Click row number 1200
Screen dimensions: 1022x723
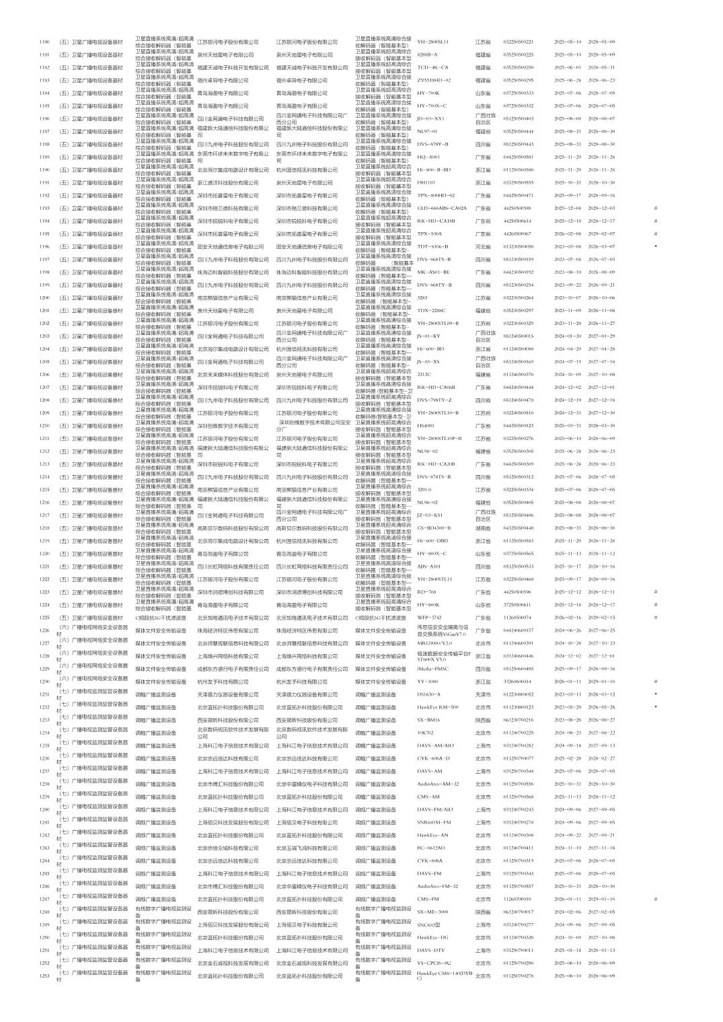pos(45,297)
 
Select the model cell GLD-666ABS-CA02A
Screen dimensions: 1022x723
pos(441,208)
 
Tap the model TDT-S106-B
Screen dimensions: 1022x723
pos(432,246)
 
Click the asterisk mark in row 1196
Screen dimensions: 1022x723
pos(655,246)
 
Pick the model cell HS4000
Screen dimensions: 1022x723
pos(426,425)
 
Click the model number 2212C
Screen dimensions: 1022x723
pos(424,374)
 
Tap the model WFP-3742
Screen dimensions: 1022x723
pos(429,617)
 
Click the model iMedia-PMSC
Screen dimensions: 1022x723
pos(432,668)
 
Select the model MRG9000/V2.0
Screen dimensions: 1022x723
pos(434,643)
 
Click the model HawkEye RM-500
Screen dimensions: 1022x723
pos(437,706)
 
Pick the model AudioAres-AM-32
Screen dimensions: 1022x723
pos(438,783)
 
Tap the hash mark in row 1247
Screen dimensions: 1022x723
pos(655,898)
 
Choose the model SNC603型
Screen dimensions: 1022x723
pos(428,924)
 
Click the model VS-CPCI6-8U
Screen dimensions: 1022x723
pos(434,962)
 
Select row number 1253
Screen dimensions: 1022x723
pos(45,975)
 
